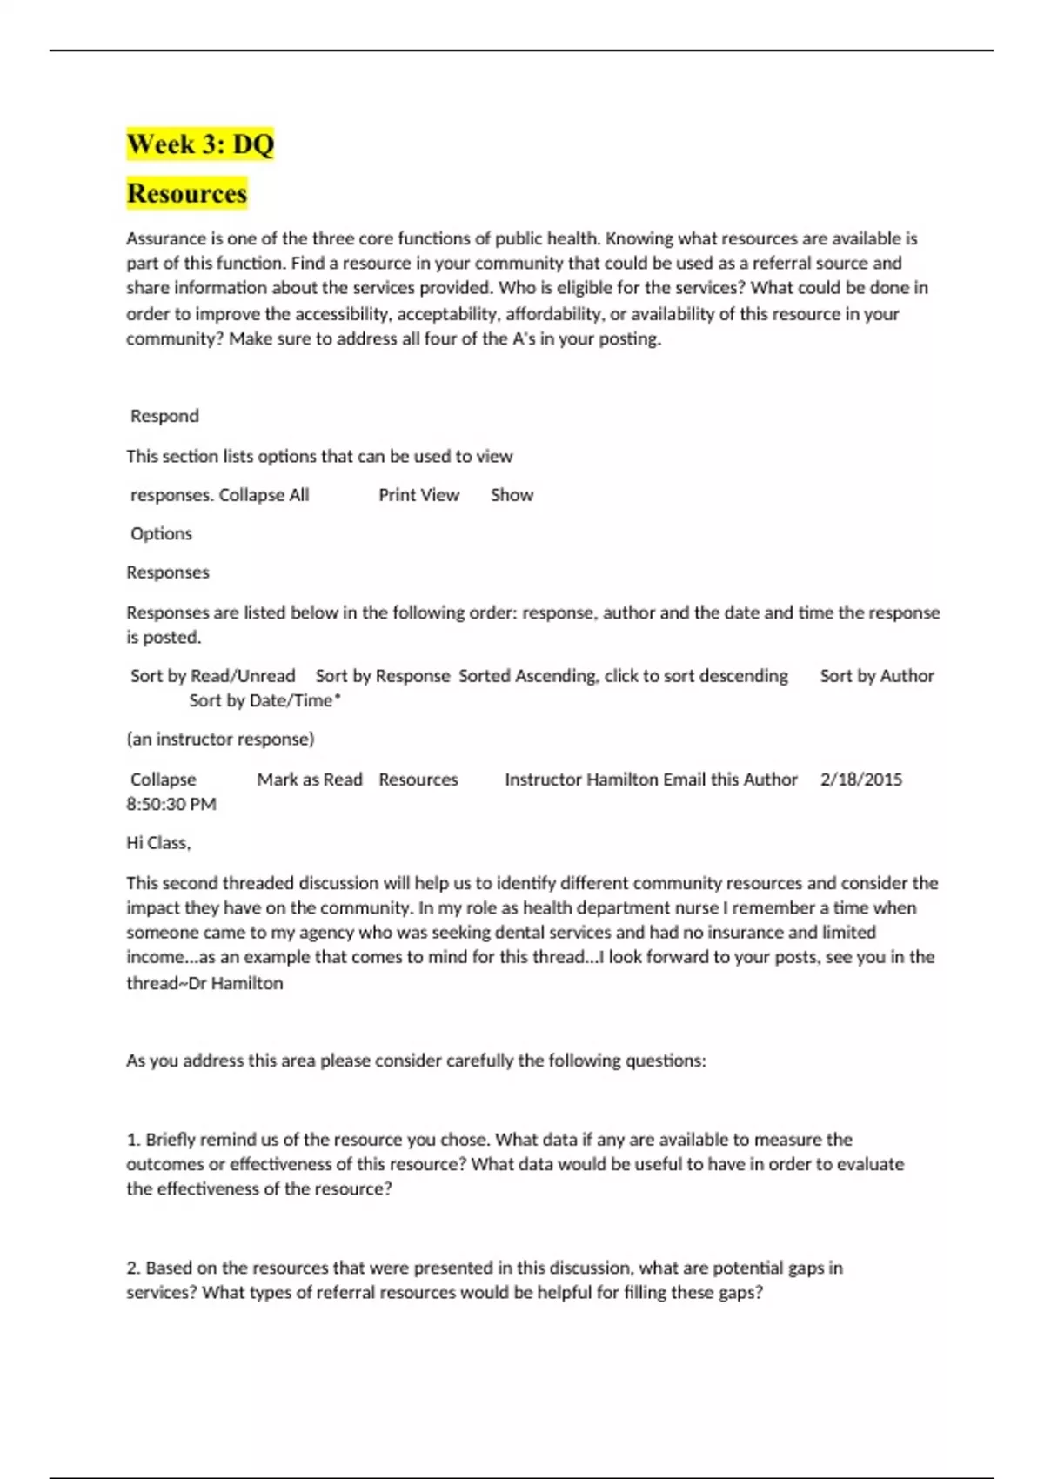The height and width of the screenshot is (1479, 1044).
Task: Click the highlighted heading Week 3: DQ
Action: (200, 144)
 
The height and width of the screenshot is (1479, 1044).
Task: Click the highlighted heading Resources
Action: (187, 193)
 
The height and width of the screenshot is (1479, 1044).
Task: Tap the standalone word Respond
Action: (164, 416)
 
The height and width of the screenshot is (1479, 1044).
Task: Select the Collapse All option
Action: (264, 495)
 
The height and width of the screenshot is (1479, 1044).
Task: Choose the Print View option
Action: (418, 495)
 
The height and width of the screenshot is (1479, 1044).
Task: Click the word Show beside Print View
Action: (512, 495)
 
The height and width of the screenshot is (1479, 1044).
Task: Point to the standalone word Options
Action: (161, 533)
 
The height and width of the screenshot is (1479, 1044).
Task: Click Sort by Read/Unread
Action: (212, 676)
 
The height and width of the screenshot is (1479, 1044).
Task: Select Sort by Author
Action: (876, 676)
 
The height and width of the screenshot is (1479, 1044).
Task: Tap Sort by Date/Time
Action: (264, 700)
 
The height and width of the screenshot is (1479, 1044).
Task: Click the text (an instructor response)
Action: (220, 739)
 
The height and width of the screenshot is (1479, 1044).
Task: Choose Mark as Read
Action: (309, 780)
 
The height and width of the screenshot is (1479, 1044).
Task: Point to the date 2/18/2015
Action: (860, 780)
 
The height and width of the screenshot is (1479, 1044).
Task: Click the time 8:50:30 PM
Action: (171, 804)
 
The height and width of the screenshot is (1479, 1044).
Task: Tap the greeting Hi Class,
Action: (158, 843)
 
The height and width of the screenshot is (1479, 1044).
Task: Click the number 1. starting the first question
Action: (134, 1140)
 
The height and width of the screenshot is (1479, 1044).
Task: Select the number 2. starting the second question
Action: (134, 1268)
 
